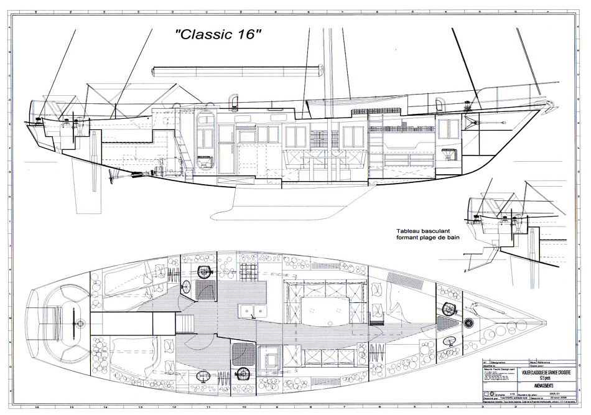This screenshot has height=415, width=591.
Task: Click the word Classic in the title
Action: pos(205,35)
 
